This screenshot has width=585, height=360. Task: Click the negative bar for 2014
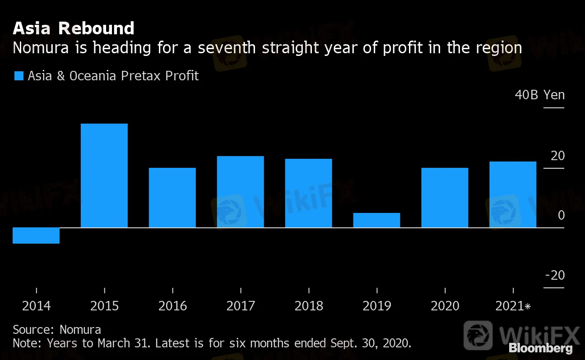click(x=36, y=235)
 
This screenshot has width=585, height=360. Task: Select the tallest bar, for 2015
click(x=104, y=175)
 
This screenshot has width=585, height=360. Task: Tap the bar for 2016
click(x=172, y=198)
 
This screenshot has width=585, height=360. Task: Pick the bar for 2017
click(x=241, y=192)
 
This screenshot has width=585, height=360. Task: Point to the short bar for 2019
click(x=376, y=220)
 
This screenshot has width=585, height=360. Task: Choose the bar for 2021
click(x=513, y=194)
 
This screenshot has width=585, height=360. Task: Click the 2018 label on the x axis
click(x=309, y=306)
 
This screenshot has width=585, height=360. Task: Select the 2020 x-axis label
click(x=445, y=306)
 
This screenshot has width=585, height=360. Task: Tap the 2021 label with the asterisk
click(x=513, y=306)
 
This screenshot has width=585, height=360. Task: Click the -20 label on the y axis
click(x=554, y=275)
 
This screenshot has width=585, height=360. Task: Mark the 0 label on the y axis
click(x=561, y=215)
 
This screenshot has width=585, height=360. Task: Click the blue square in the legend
click(x=19, y=76)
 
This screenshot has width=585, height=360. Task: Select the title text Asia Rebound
click(x=74, y=28)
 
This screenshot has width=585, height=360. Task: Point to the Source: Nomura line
click(x=57, y=329)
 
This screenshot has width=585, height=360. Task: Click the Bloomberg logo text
click(x=540, y=348)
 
